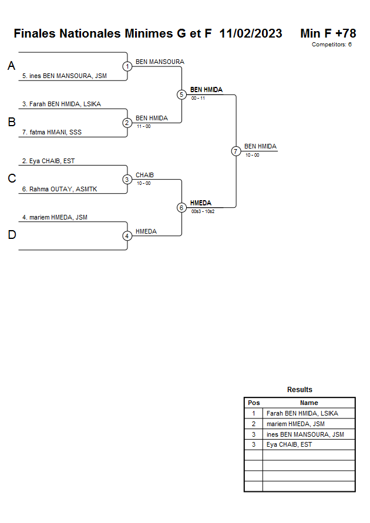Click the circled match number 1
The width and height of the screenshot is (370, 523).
(x=127, y=66)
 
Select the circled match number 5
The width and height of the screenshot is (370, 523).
(x=181, y=95)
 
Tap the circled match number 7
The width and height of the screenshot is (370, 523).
(x=236, y=151)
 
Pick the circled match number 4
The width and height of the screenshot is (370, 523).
(x=127, y=236)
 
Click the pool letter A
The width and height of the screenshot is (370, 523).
(x=11, y=66)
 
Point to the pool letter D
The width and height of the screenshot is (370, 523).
(x=11, y=235)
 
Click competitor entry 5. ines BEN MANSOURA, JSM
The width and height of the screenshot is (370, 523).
(x=65, y=76)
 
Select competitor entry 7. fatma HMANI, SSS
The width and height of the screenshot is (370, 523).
(x=52, y=132)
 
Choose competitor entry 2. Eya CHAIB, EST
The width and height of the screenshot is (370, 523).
(x=48, y=160)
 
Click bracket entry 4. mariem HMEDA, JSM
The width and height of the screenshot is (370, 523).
(x=55, y=217)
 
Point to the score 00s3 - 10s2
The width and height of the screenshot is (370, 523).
(x=203, y=211)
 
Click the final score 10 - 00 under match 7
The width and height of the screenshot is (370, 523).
(x=252, y=155)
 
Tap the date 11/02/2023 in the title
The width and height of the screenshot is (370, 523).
(x=251, y=33)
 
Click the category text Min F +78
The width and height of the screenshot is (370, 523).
(x=328, y=33)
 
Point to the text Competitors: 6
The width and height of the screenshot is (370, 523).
(x=331, y=45)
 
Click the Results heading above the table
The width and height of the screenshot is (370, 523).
(x=300, y=390)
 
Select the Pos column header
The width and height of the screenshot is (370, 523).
(x=254, y=403)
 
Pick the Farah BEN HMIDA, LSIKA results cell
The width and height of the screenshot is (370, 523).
(x=302, y=413)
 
